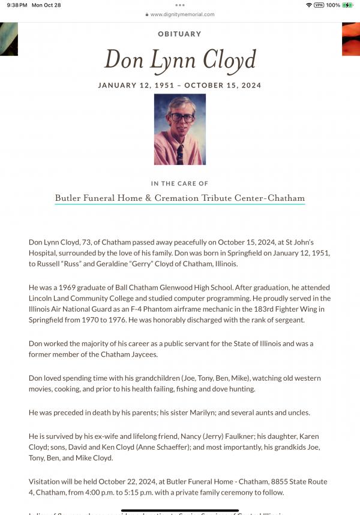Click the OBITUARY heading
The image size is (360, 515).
point(179,34)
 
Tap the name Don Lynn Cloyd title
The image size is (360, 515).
point(180,59)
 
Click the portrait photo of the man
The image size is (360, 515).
point(180,129)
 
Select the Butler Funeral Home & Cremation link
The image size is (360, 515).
point(179,198)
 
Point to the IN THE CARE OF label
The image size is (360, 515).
point(179,183)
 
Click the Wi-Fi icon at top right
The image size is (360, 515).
point(308,5)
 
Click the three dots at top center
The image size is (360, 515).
point(179,5)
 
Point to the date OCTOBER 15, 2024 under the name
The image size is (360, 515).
point(223,85)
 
